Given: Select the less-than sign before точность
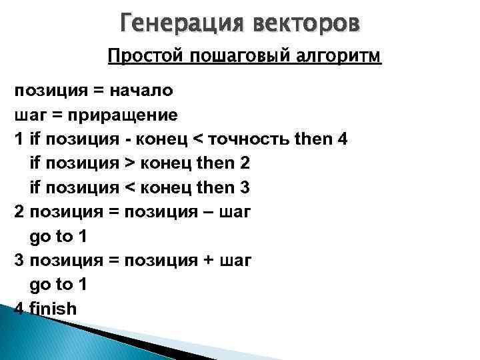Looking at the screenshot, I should click(x=197, y=139).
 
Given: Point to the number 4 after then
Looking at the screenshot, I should click(x=342, y=139).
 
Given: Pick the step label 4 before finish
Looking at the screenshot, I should click(x=19, y=309).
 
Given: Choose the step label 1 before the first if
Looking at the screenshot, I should click(x=19, y=139).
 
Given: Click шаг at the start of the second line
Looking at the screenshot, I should click(x=28, y=115).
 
